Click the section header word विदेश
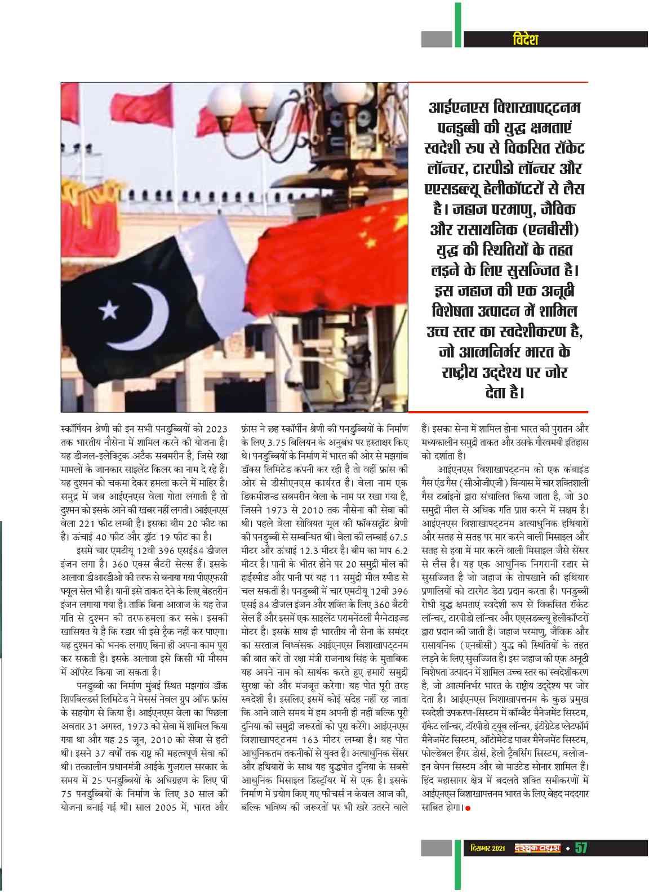(x=526, y=39)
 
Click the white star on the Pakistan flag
(x=109, y=309)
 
